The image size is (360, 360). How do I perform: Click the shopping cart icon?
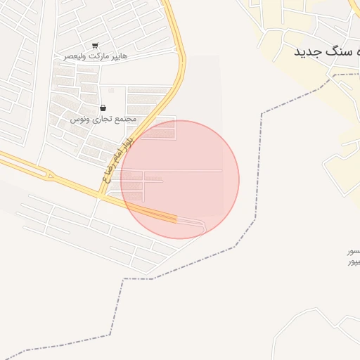[x=95, y=46]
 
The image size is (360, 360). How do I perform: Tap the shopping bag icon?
[x=103, y=108]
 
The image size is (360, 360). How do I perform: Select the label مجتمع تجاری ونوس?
[x=103, y=120]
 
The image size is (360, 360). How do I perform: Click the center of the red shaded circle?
[x=180, y=179]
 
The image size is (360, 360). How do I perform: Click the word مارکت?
[x=98, y=56]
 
